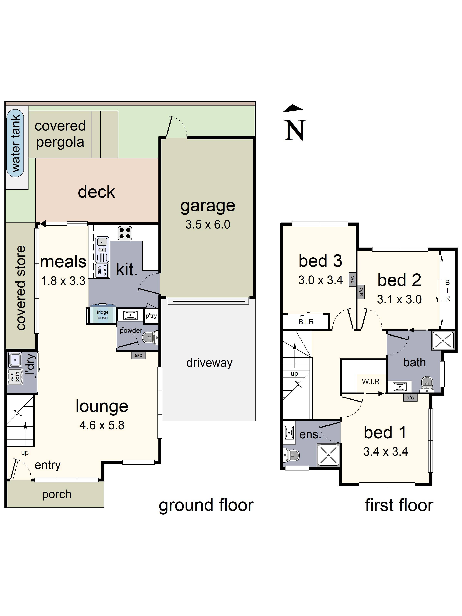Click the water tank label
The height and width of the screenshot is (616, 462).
15,143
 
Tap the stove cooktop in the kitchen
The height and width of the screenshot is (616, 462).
125,233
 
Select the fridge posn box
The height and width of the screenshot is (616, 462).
102,315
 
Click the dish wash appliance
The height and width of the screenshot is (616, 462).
102,270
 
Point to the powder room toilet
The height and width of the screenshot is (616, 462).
150,337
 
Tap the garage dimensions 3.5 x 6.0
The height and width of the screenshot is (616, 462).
208,224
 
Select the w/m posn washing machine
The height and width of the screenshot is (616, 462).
15,377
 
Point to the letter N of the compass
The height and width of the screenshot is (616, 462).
295,130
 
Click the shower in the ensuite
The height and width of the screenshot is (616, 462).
328,455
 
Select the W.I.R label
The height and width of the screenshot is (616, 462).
370,381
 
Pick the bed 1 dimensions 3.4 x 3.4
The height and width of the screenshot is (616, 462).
385,451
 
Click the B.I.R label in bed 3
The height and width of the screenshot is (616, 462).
306,322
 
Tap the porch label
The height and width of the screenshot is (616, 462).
57,494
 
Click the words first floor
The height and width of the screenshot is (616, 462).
399,505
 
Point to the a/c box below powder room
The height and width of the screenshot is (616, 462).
138,355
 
